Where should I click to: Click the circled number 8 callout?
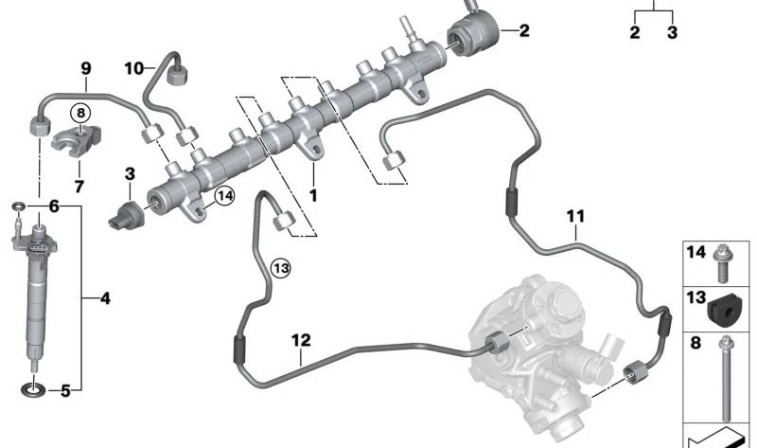tap(80, 113)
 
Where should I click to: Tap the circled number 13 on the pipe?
tap(281, 268)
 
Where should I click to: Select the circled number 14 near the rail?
tap(224, 196)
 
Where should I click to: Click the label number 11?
tap(575, 216)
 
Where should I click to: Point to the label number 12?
tap(301, 340)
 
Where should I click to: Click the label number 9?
tap(86, 68)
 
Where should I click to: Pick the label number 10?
tap(134, 68)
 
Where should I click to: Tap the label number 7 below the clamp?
tap(79, 186)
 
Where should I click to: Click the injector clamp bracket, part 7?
tap(77, 140)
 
